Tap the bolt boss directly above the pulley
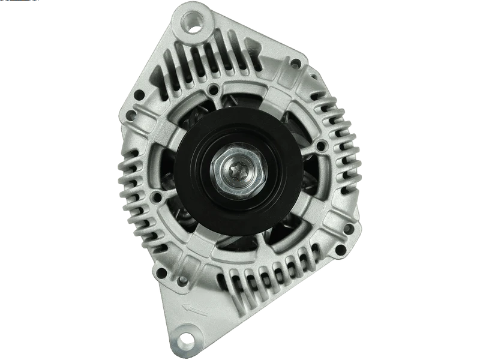tap(212, 91)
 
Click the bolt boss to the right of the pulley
tap(320, 145)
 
